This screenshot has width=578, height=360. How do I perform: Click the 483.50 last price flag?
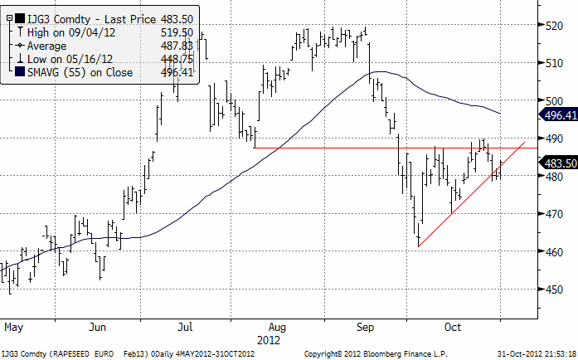coord(556,163)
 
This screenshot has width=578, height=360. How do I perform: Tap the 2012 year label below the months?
coord(269,338)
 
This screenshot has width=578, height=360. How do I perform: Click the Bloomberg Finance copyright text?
coord(374,353)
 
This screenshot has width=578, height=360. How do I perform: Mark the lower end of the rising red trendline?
coord(420,246)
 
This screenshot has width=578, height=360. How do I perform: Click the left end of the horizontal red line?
coord(254,148)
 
